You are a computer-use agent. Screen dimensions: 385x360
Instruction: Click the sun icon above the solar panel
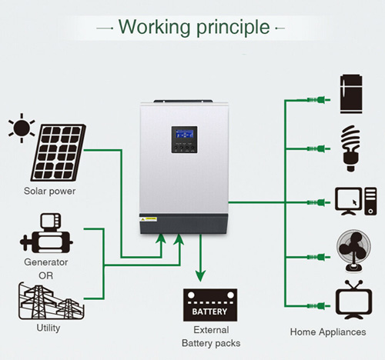(x=22, y=128)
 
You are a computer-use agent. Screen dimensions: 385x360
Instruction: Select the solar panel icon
(x=59, y=152)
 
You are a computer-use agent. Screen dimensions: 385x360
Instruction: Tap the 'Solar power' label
(x=49, y=192)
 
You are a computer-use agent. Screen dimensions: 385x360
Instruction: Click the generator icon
(x=46, y=233)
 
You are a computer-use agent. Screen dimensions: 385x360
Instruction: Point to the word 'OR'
(x=46, y=275)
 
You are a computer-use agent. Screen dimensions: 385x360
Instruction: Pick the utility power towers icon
(x=52, y=301)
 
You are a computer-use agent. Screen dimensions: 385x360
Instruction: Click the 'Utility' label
(x=49, y=328)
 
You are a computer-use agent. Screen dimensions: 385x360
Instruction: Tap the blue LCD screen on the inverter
(x=184, y=134)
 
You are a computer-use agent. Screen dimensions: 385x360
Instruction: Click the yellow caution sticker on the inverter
(x=148, y=219)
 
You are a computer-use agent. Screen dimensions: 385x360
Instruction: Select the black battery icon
(x=210, y=305)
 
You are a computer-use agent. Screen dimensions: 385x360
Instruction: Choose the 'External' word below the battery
(x=211, y=330)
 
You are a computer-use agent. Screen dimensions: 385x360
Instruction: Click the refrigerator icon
(x=351, y=94)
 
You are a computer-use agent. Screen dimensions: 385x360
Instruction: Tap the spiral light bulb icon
(x=350, y=148)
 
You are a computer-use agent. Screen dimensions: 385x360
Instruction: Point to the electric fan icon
(x=353, y=251)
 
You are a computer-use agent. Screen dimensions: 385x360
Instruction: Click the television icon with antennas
(x=353, y=300)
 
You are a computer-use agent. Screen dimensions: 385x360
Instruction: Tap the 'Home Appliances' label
(x=328, y=332)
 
